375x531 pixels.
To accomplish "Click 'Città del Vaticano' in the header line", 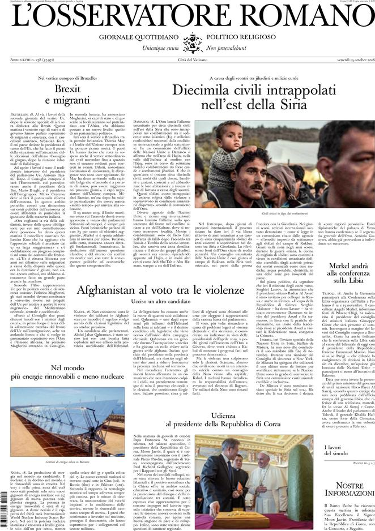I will point(187,60).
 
